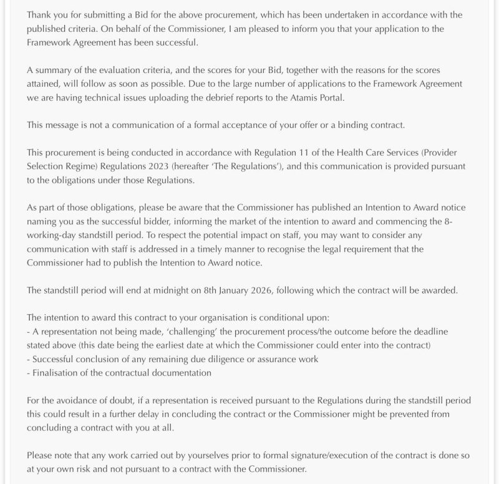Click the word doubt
pyautogui.click(x=118, y=400)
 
